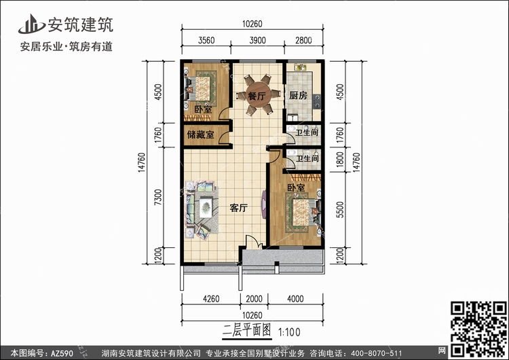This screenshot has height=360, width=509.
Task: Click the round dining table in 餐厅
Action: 258,95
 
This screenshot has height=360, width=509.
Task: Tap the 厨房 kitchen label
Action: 298,95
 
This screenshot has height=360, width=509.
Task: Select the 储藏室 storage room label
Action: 201,134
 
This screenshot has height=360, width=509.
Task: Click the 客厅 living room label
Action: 239,208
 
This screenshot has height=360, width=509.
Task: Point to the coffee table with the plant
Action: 206,207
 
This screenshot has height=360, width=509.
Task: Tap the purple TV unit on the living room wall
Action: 264,204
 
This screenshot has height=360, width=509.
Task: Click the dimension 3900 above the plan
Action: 257,40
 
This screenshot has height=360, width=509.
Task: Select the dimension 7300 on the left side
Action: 157,197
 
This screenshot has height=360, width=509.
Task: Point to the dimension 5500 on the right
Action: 339,210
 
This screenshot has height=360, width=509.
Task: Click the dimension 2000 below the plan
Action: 254,299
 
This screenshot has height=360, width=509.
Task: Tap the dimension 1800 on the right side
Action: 339,159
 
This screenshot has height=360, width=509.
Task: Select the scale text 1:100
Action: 289,332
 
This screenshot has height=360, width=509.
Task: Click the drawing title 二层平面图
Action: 247,330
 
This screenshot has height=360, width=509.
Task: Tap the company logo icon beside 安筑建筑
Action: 31,24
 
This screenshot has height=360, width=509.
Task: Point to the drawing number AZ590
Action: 62,353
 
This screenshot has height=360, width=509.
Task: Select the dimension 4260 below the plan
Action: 211,299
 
